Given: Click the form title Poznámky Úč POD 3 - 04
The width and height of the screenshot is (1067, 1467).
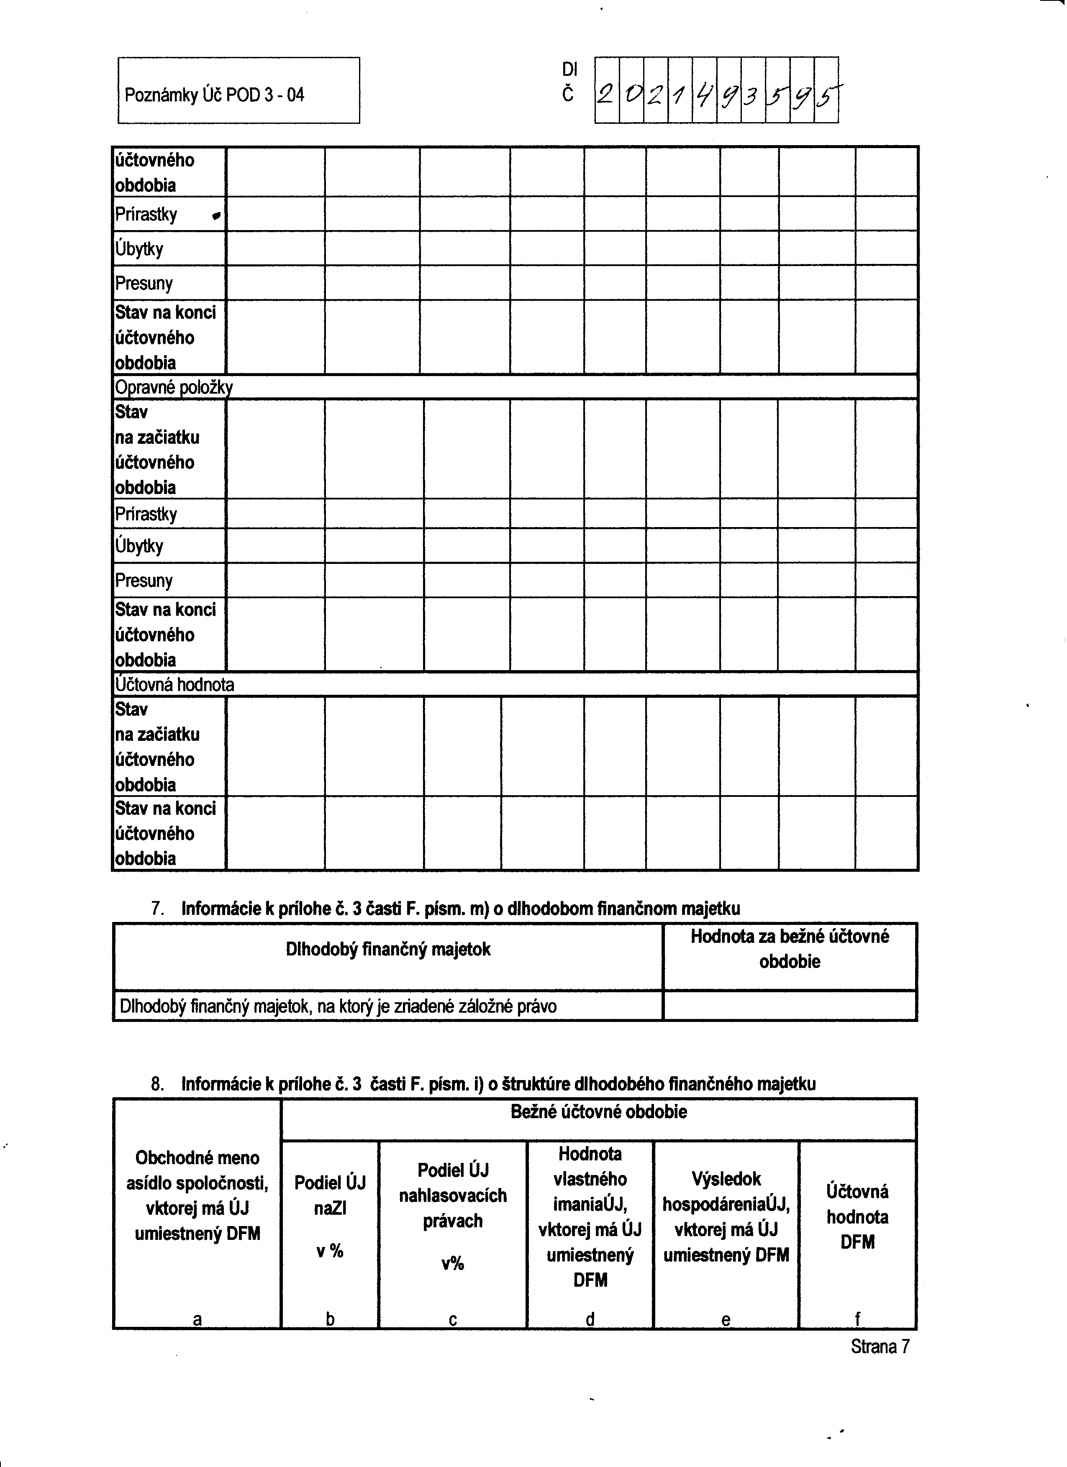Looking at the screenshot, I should [x=214, y=95].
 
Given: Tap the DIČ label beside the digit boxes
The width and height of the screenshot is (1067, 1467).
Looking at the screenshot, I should [x=568, y=82].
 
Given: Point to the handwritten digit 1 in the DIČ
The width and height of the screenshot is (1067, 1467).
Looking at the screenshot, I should [x=680, y=96].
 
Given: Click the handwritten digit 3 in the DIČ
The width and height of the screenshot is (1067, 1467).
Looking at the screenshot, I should [x=752, y=96].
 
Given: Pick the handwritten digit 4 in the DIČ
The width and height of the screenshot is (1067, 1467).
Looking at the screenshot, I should [x=704, y=96].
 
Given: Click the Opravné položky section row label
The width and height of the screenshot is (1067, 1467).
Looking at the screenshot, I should [x=173, y=387].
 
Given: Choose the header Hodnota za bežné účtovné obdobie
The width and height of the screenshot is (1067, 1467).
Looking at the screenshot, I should [x=790, y=949].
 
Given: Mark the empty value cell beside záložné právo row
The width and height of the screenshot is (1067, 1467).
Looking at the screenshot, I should [x=790, y=1006].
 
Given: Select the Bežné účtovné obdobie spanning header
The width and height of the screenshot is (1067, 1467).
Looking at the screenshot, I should [x=598, y=1112].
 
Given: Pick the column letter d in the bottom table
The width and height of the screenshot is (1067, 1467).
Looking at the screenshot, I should [x=590, y=1319].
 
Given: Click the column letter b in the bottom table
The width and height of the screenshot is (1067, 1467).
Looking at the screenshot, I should [x=330, y=1319].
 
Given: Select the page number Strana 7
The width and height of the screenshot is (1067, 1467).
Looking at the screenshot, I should [x=880, y=1347].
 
